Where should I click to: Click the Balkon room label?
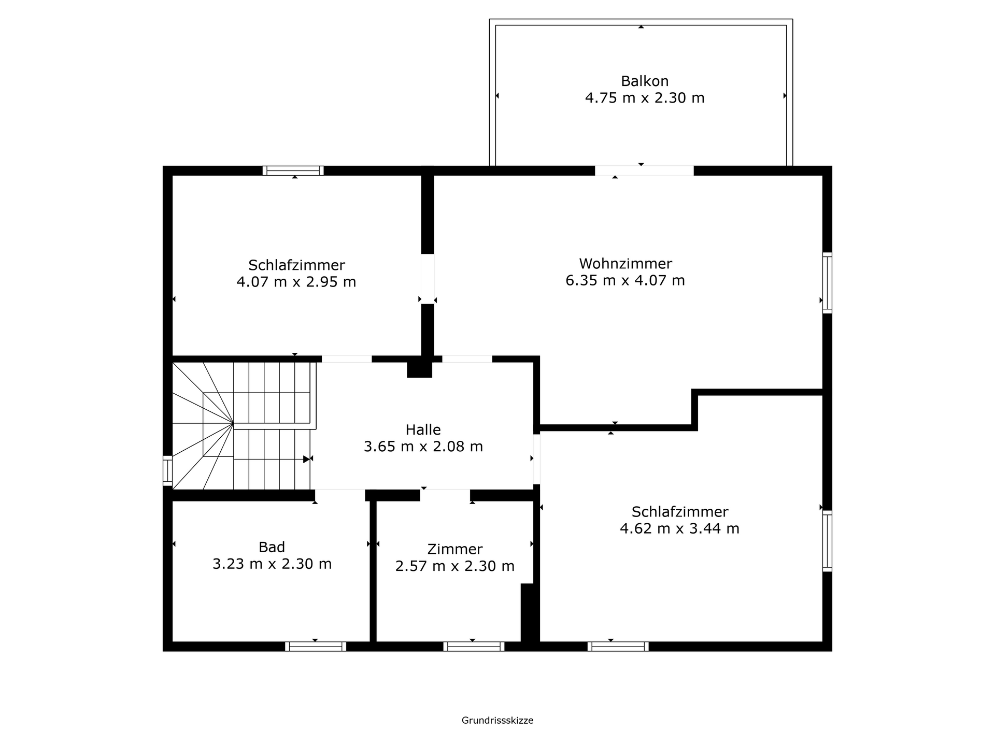[x=645, y=81]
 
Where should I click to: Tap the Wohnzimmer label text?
[x=626, y=264]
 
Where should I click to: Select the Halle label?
[x=423, y=429]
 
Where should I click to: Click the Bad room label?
[x=272, y=547]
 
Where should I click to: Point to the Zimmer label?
[x=454, y=549]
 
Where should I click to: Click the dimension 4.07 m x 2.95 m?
[x=296, y=282]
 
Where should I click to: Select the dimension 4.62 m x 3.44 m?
[x=679, y=528]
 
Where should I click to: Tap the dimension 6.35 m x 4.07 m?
[x=625, y=280]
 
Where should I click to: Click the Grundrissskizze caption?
[x=497, y=720]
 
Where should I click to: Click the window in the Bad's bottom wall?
[x=316, y=646]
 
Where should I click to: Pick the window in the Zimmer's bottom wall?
[x=474, y=646]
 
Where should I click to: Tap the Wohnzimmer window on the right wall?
[x=827, y=283]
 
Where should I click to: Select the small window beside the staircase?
[x=167, y=471]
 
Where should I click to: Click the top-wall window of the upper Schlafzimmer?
[x=293, y=170]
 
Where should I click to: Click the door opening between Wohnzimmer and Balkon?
[x=644, y=170]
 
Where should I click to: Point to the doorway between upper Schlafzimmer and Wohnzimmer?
[x=428, y=279]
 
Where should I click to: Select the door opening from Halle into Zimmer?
[x=445, y=495]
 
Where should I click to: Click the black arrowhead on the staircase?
[x=307, y=459]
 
